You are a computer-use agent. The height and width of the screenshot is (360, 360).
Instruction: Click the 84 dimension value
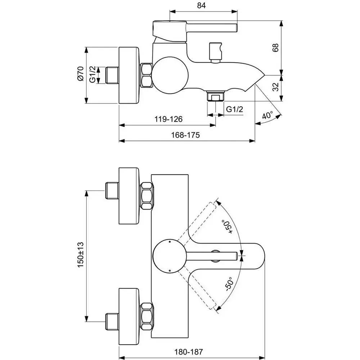coord(201,5)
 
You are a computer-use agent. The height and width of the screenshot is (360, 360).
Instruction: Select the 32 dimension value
coord(275,87)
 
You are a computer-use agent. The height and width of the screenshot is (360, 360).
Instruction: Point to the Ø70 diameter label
coord(81,73)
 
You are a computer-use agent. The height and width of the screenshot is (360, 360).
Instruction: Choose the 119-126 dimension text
coord(168,119)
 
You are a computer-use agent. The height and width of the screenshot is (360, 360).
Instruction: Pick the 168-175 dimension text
coord(185,135)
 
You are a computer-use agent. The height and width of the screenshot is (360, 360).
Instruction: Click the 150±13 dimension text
coord(81,255)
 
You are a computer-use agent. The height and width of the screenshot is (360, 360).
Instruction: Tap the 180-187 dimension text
coord(189,352)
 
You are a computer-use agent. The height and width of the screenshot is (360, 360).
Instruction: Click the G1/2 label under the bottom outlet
coord(234,109)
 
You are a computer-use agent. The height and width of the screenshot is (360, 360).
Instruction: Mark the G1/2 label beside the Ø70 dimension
coord(93,74)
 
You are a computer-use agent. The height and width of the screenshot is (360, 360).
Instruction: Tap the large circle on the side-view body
coord(170,75)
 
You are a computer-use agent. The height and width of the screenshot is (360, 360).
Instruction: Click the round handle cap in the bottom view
coord(170,256)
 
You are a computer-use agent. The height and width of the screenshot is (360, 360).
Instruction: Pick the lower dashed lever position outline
coord(197,290)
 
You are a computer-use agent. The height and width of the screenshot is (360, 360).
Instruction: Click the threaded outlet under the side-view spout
coord(215,96)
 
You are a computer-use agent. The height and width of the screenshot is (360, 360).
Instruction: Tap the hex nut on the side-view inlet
coord(146,75)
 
